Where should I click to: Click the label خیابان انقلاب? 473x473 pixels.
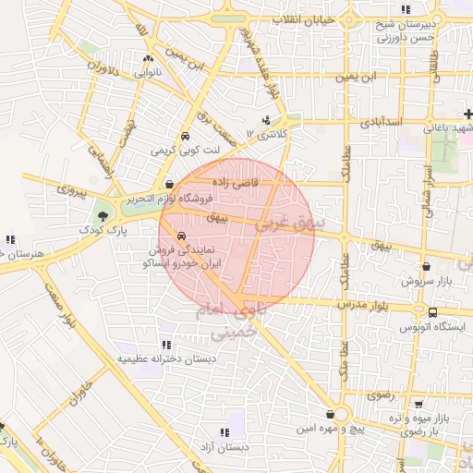click(x=312, y=19)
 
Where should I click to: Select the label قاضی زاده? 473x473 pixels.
click(x=232, y=183)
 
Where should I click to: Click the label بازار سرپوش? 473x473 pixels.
click(x=425, y=279)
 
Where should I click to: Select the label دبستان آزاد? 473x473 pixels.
click(x=231, y=446)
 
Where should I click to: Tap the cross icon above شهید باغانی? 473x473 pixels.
click(x=468, y=114)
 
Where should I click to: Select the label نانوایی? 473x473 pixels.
click(x=149, y=70)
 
